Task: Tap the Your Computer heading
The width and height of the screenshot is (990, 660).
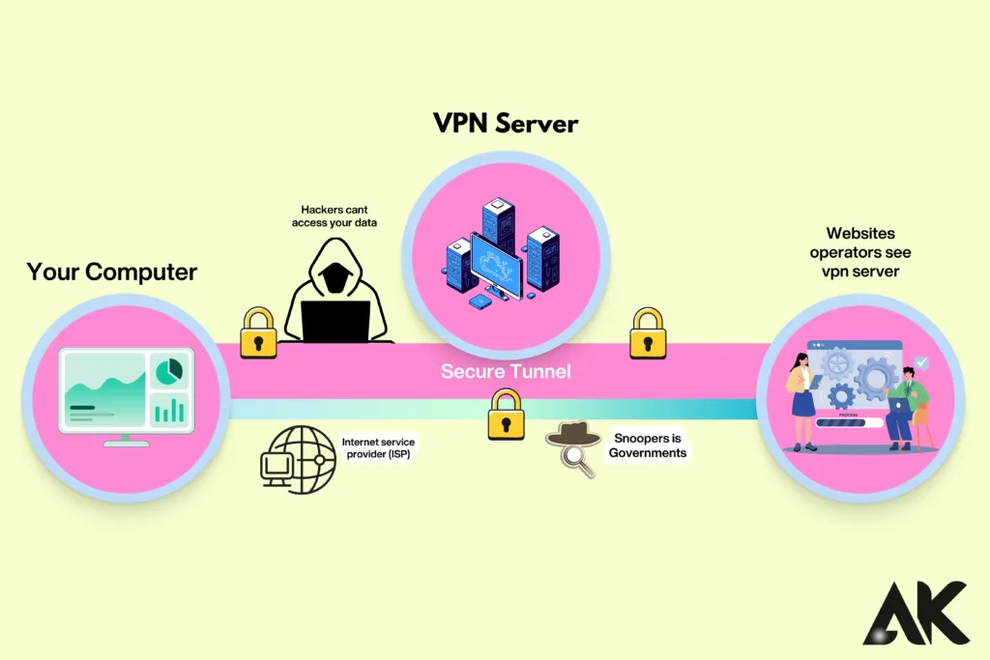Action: click(112, 272)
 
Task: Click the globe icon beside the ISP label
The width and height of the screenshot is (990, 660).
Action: click(298, 459)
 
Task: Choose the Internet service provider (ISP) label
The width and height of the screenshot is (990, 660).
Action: click(378, 448)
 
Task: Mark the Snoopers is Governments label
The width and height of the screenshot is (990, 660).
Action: click(649, 445)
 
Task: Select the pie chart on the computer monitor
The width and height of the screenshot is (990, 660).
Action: click(169, 370)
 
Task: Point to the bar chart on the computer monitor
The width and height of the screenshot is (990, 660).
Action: click(169, 410)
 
